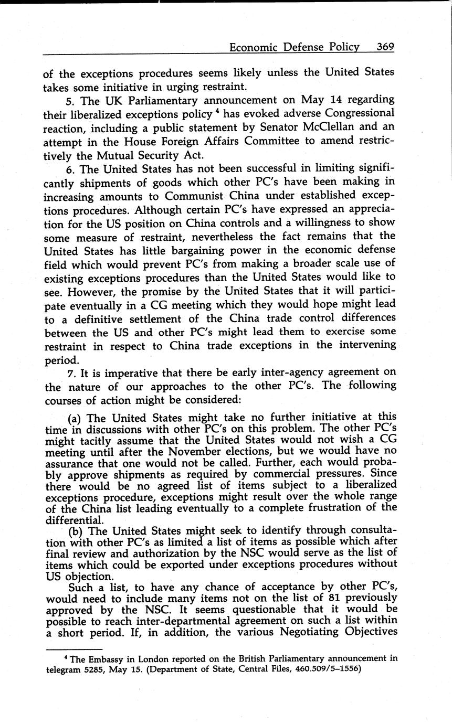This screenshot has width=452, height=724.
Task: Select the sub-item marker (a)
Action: pyautogui.click(x=76, y=419)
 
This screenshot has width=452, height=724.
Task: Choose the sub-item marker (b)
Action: pyautogui.click(x=76, y=530)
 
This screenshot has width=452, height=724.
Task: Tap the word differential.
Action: pyautogui.click(x=73, y=520)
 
